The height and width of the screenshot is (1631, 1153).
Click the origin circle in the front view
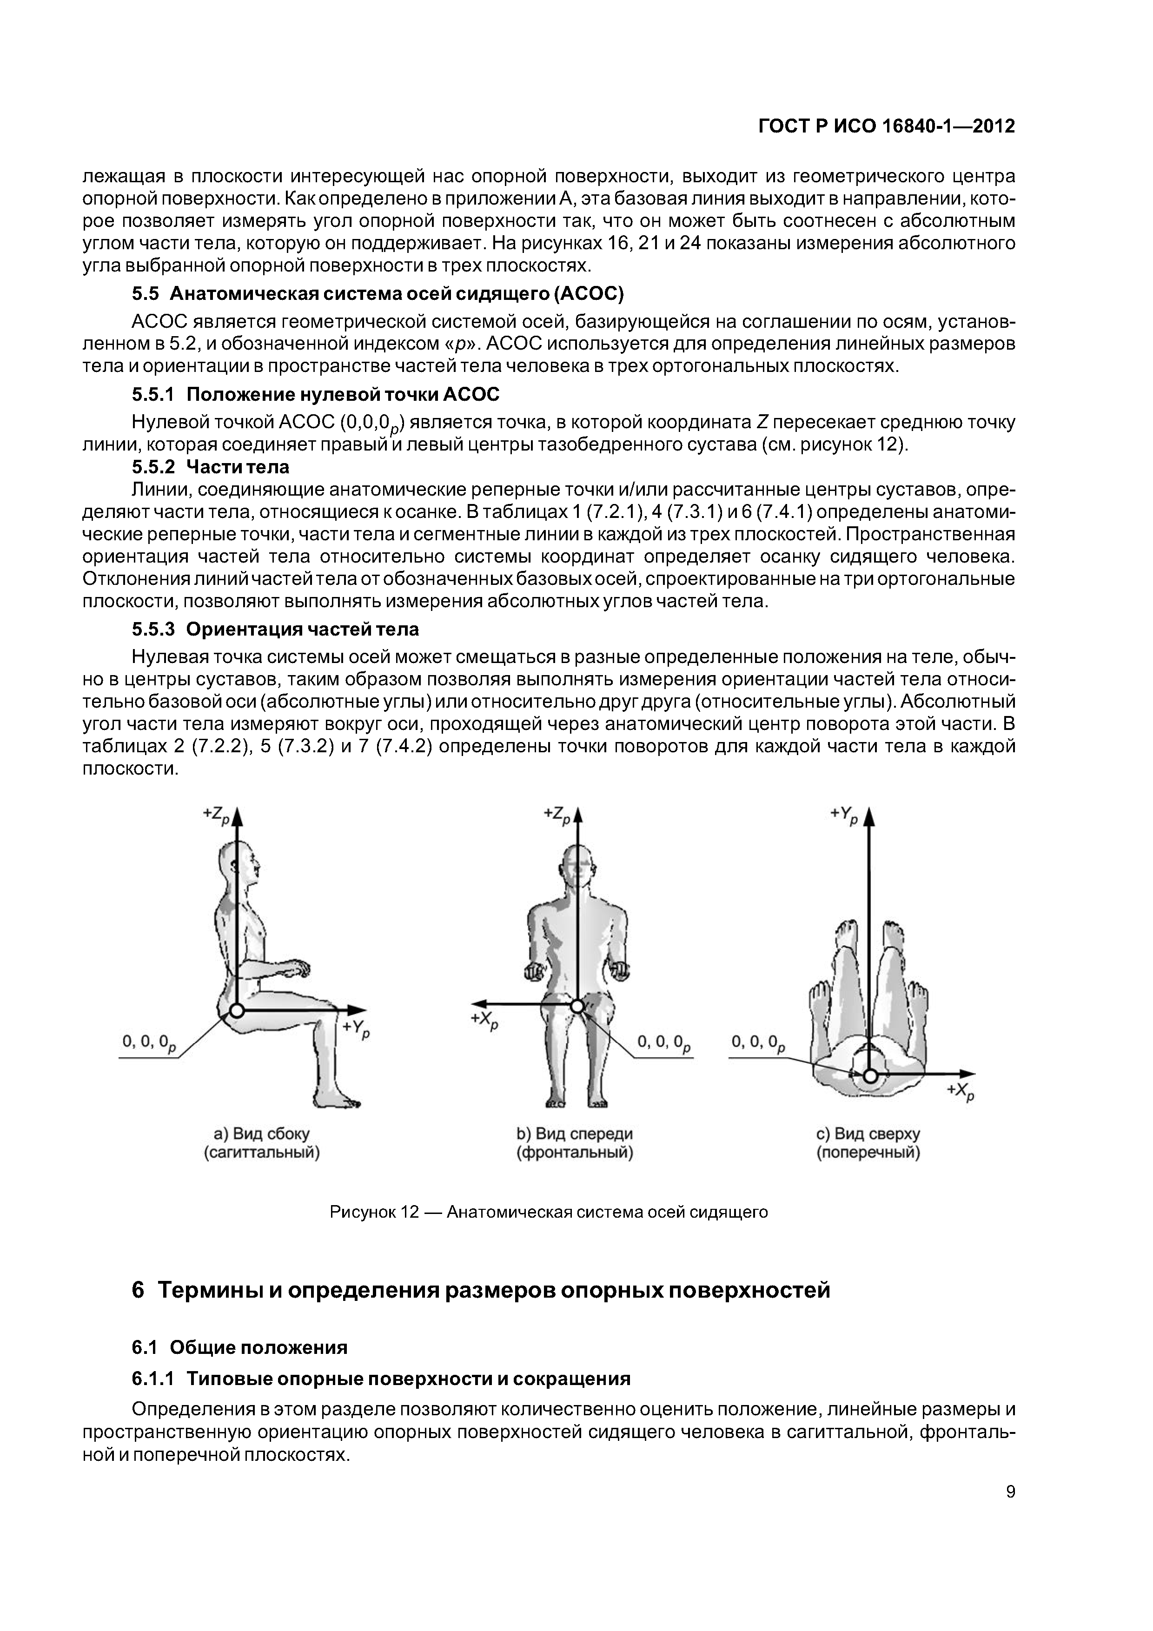click(577, 1006)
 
